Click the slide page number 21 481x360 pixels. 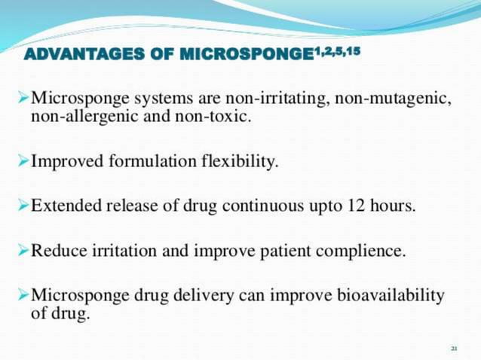(454, 348)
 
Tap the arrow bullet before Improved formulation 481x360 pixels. (23, 160)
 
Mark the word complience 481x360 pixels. (369, 251)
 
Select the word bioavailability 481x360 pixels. (390, 295)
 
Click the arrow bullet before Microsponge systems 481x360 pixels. (23, 98)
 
